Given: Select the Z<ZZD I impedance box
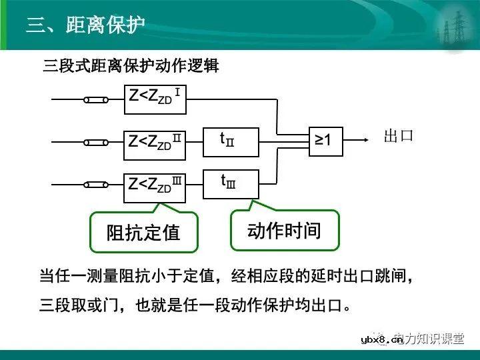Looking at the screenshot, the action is click(155, 99).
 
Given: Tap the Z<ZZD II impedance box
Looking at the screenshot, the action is click(155, 141).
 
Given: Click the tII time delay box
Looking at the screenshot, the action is click(230, 141).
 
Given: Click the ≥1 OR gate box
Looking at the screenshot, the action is click(327, 140).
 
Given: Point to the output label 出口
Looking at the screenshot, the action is click(399, 137).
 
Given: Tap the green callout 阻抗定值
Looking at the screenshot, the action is click(143, 232).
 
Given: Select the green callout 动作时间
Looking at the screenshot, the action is click(285, 231).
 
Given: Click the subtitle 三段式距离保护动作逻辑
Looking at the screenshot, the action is click(131, 67).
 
